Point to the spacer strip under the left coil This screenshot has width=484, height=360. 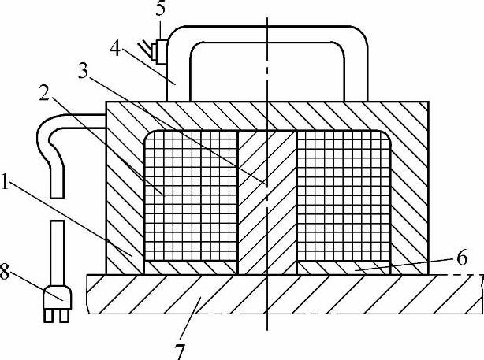[x=191, y=268]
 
